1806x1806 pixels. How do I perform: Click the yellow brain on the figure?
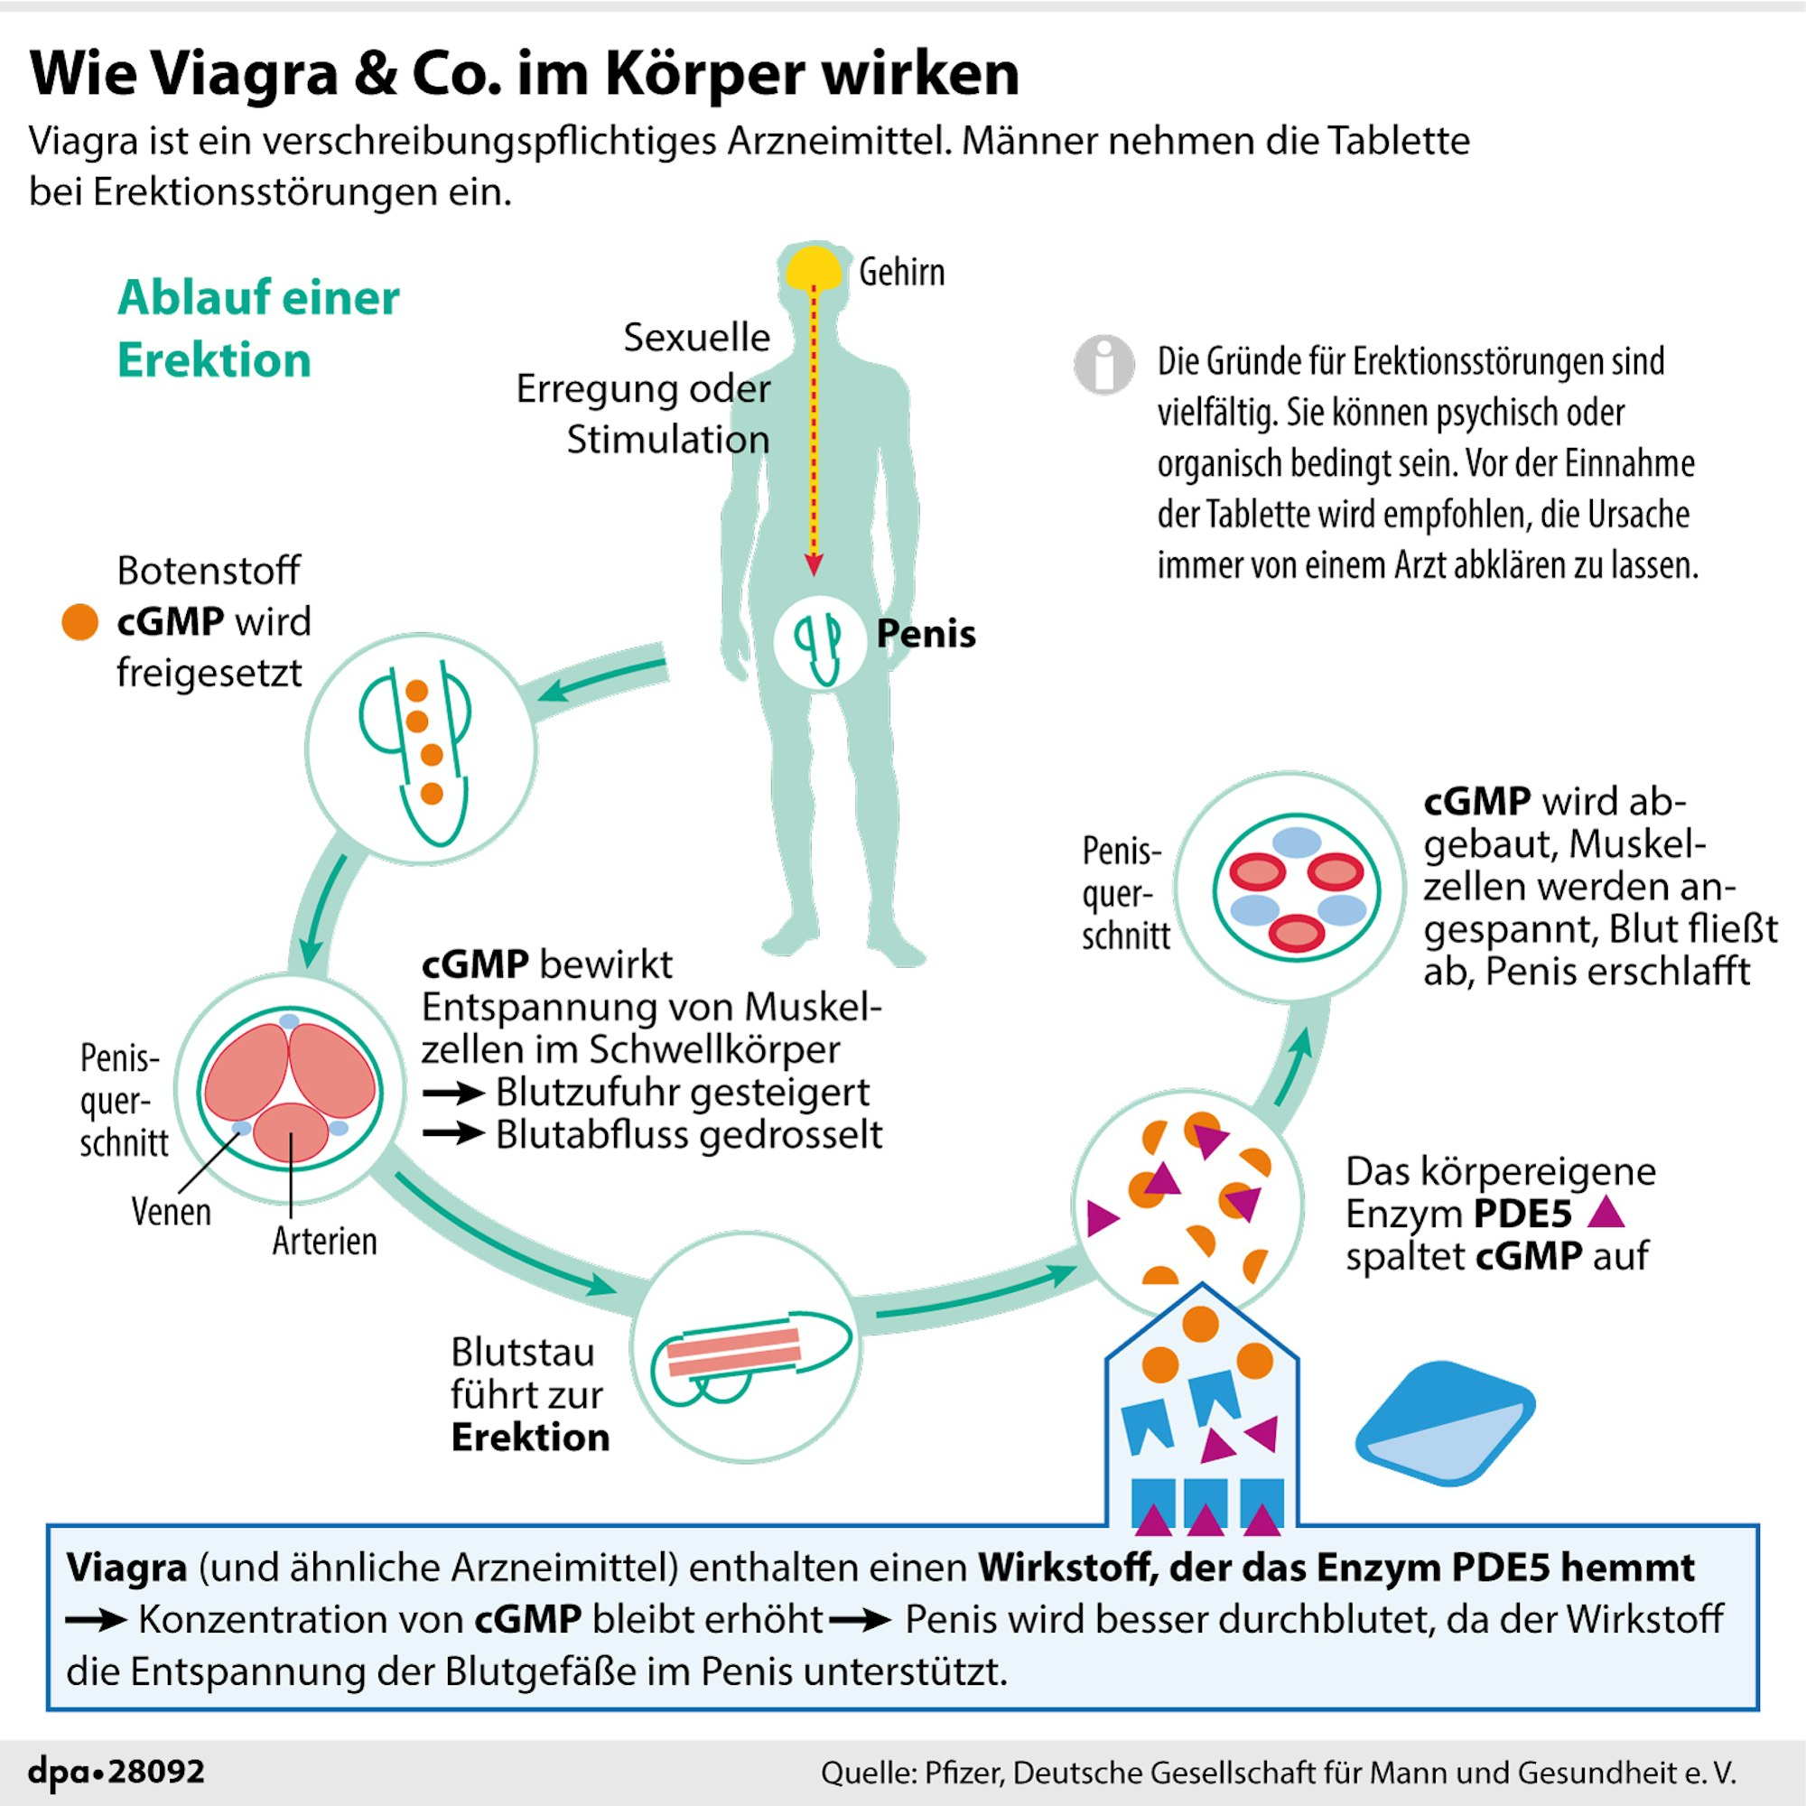pos(813,268)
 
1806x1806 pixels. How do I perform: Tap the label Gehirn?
pos(901,272)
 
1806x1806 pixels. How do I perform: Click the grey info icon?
pos(1103,364)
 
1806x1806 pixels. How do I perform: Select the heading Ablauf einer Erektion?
pos(258,329)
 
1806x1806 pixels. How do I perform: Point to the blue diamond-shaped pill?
pos(1445,1423)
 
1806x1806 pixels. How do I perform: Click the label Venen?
pos(171,1213)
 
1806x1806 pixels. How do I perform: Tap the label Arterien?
pos(324,1242)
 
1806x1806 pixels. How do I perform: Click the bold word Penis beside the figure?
pos(926,634)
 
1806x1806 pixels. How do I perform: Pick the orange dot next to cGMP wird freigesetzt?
pos(80,621)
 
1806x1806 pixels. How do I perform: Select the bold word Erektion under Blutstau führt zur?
pos(530,1437)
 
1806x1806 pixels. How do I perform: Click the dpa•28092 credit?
pos(116,1772)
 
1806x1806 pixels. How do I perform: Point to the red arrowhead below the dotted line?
pos(814,564)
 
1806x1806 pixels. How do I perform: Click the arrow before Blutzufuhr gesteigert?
pos(452,1093)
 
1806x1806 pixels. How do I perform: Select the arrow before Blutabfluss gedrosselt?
pos(452,1134)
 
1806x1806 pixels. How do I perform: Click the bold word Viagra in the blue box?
pos(126,1568)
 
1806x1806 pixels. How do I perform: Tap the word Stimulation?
pos(667,440)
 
